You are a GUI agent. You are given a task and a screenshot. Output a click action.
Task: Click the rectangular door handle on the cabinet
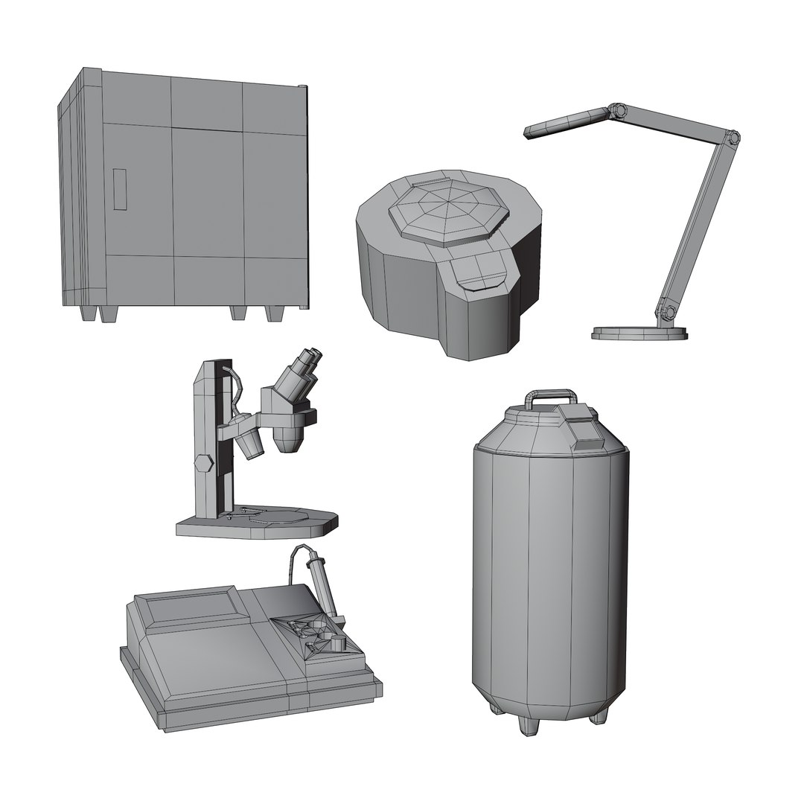(120, 189)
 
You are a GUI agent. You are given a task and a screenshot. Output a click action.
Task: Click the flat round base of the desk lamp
(639, 332)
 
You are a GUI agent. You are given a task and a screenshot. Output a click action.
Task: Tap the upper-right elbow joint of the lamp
(733, 138)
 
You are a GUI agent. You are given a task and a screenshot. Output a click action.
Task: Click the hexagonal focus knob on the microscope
(202, 462)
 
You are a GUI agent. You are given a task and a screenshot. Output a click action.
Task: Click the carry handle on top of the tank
(550, 395)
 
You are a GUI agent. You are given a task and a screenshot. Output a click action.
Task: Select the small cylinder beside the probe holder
(339, 644)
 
